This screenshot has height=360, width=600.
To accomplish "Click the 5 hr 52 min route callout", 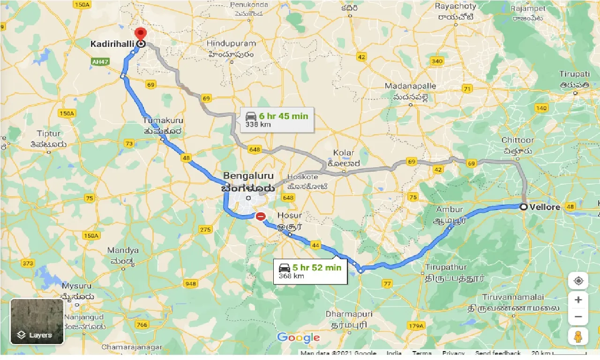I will (x=310, y=271).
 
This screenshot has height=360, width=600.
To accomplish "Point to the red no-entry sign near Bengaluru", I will (x=261, y=217).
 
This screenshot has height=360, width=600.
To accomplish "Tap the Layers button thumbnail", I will (x=37, y=322).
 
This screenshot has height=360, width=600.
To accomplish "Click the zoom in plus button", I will (x=578, y=300).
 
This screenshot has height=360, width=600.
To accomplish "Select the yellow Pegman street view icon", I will (x=578, y=336).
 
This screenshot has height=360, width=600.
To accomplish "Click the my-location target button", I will (x=578, y=281).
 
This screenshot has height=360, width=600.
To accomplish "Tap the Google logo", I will (x=299, y=337).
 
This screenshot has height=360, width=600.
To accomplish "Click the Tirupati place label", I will (x=574, y=74).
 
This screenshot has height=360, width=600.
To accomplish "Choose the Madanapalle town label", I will (x=410, y=86).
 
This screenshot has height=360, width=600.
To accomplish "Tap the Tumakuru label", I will (x=163, y=121).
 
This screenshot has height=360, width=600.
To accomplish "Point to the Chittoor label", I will (x=517, y=140).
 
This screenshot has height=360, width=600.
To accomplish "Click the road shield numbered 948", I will (x=191, y=284).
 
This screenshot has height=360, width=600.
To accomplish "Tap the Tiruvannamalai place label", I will (x=513, y=297).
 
